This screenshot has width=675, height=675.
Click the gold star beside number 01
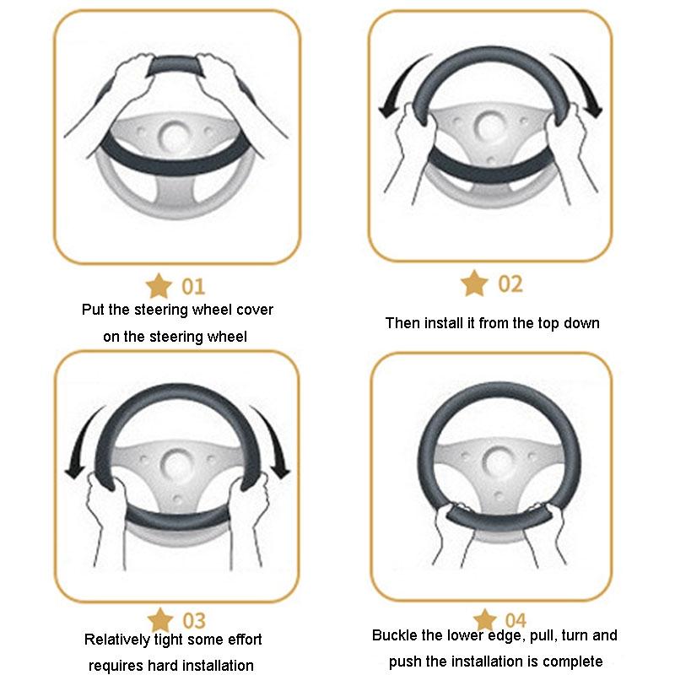click(x=159, y=286)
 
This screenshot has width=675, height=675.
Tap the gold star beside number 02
click(x=474, y=283)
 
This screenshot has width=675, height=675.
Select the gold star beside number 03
click(x=160, y=620)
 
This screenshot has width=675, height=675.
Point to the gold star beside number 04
click(x=484, y=619)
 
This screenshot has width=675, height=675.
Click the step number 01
click(x=193, y=287)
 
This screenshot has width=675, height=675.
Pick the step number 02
click(x=510, y=284)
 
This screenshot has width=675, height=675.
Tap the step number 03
click(x=194, y=621)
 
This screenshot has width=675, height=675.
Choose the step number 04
click(x=516, y=621)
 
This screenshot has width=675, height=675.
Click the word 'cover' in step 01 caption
click(x=255, y=310)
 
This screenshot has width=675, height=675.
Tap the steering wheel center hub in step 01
click(x=175, y=134)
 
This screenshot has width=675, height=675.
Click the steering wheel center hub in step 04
click(x=498, y=460)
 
